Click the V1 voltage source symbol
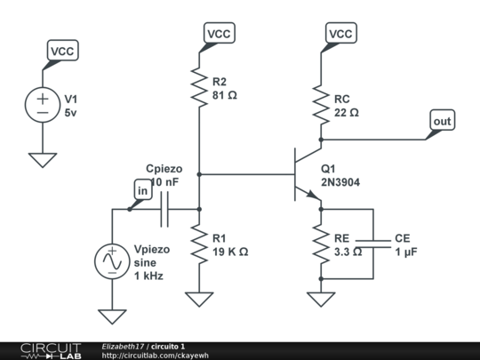point(42,103)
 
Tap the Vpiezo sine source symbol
point(113,261)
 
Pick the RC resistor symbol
point(320,105)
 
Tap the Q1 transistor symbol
point(305,174)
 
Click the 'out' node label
point(442,120)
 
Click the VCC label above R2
point(219,34)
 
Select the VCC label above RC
point(340,34)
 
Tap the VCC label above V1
point(62,52)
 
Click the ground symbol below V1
point(42,160)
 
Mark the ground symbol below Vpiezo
point(113,316)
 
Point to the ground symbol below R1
point(198,299)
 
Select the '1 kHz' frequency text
point(148,276)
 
